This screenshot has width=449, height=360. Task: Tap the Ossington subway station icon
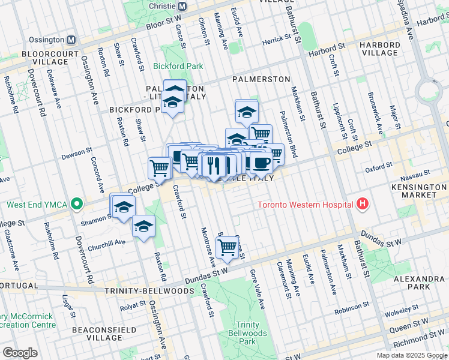[71, 40]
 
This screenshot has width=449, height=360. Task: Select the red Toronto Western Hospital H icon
[362, 205]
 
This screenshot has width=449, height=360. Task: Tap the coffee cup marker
[261, 163]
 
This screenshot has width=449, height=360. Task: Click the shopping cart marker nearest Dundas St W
[227, 247]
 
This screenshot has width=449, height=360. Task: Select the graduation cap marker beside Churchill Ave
[143, 226]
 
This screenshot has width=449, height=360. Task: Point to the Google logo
[20, 352]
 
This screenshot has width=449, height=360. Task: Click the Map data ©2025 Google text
[411, 355]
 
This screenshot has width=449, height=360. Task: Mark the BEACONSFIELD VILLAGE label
[97, 334]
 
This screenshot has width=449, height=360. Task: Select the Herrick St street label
[277, 41]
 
